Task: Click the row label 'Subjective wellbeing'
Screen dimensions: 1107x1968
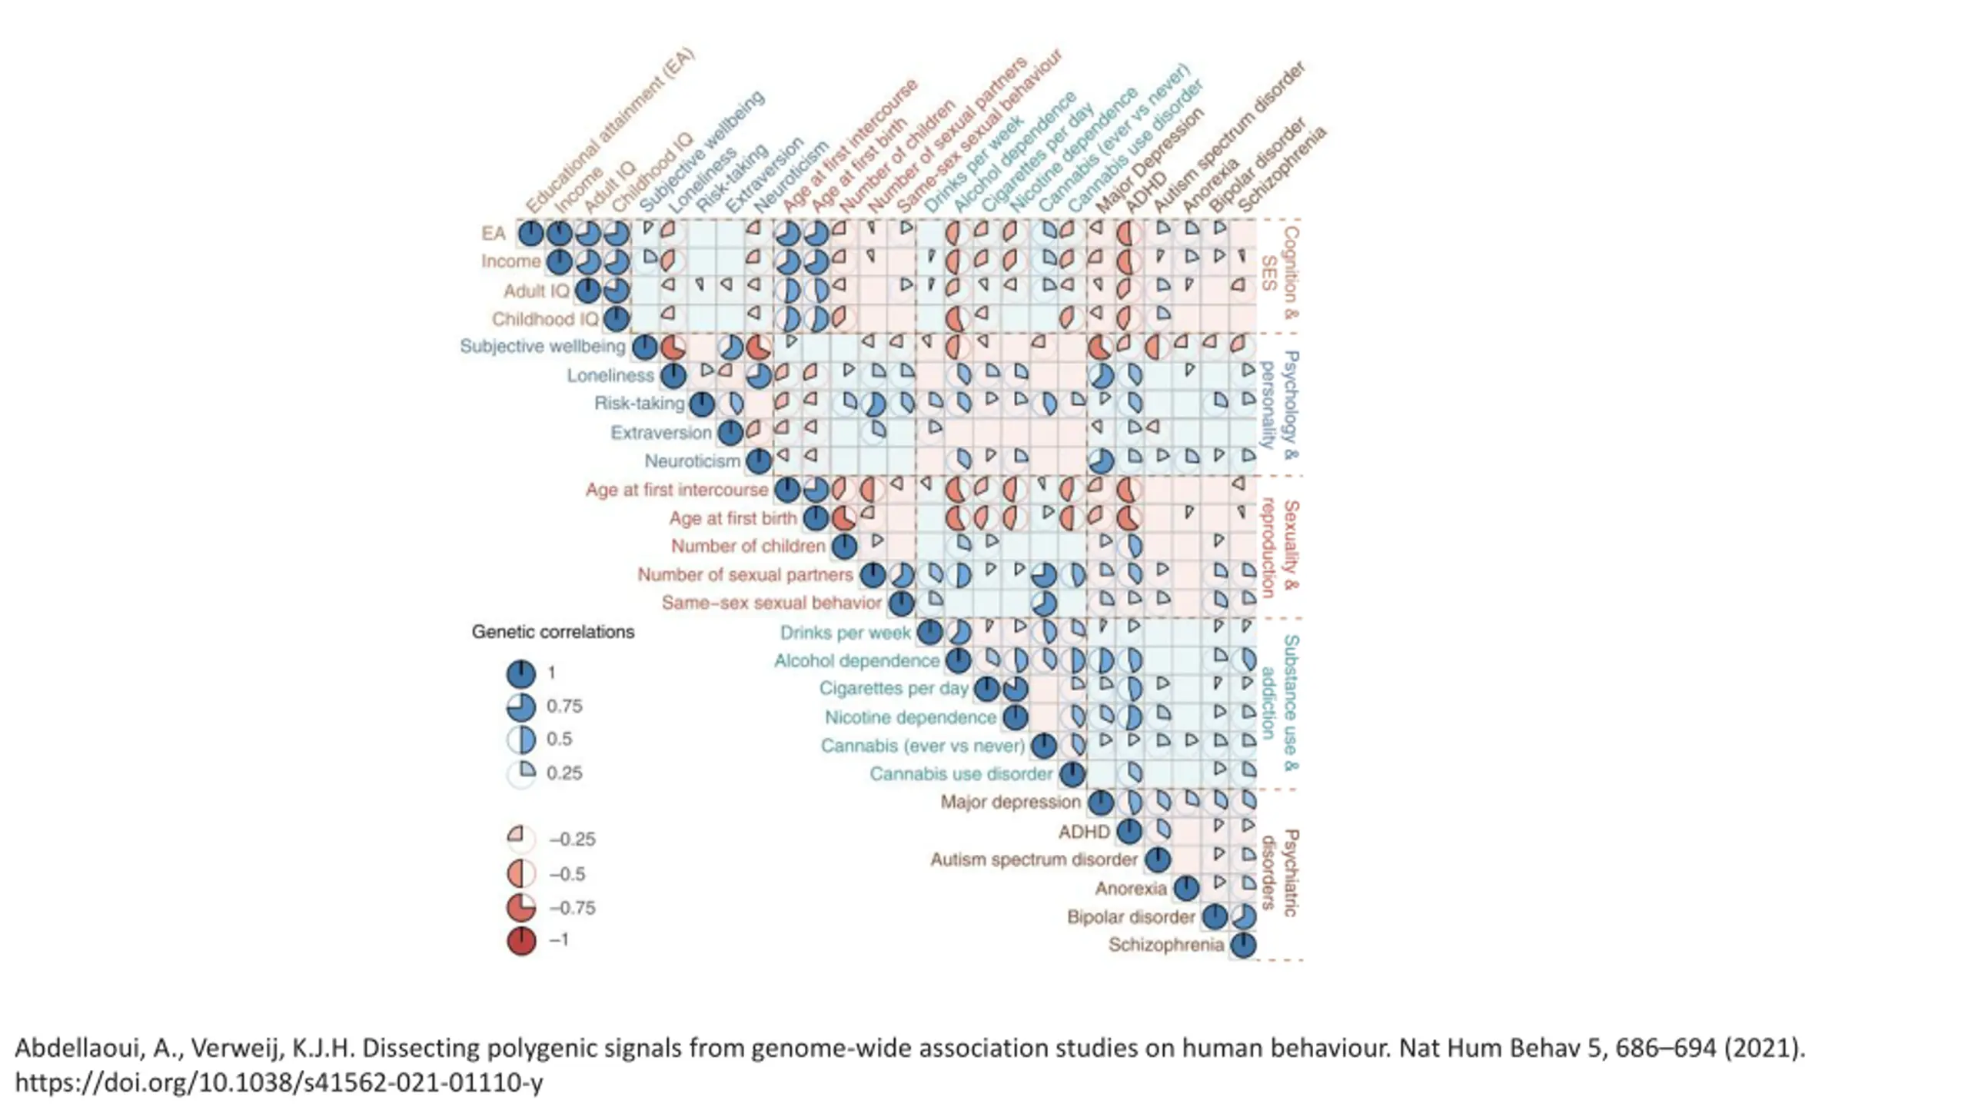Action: click(x=542, y=347)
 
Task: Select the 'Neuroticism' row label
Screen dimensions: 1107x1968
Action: click(x=692, y=461)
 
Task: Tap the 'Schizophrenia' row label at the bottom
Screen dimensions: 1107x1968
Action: click(x=1165, y=945)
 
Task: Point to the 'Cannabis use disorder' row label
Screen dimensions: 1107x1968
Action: click(x=960, y=774)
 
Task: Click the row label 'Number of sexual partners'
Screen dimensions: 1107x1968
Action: click(x=745, y=575)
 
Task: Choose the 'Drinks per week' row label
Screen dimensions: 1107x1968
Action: click(x=845, y=633)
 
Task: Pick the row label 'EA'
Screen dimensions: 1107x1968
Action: click(x=494, y=234)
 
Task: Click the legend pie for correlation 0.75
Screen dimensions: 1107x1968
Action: click(x=521, y=706)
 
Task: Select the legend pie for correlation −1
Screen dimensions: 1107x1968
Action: click(x=521, y=940)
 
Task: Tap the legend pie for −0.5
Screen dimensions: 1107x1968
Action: click(x=521, y=874)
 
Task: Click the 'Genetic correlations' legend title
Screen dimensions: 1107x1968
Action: click(x=553, y=632)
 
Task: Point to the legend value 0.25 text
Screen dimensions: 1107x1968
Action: click(x=564, y=773)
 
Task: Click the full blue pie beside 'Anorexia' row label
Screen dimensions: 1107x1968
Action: click(x=1186, y=889)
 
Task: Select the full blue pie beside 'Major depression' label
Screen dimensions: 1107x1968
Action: click(x=1101, y=803)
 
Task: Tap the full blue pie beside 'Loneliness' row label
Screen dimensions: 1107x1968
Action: click(x=673, y=376)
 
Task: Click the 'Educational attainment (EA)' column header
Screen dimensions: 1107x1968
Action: click(x=611, y=131)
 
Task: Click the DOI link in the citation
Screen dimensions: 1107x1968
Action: click(x=278, y=1082)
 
